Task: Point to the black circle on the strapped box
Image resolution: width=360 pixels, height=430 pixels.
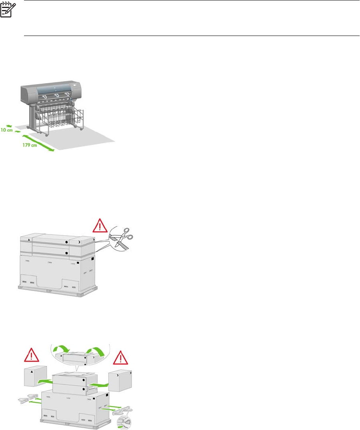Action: (x=66, y=242)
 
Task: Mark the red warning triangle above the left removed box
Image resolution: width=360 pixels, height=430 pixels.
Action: (x=30, y=354)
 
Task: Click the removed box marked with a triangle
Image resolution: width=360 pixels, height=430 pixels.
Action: (x=33, y=374)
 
